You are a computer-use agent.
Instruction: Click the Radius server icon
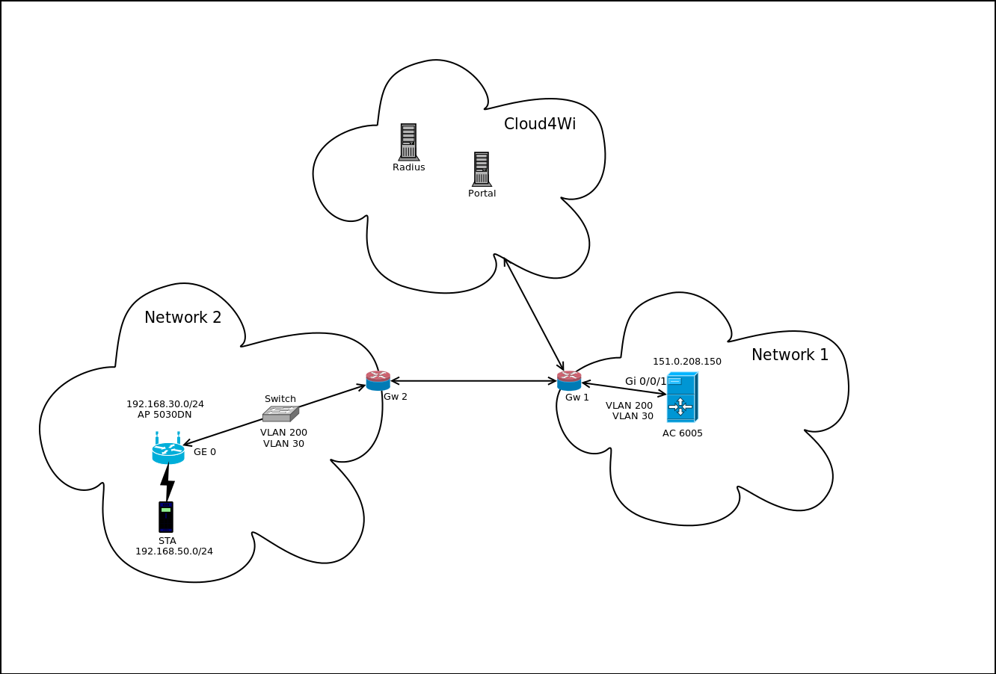(x=408, y=142)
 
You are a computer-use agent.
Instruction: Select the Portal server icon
(x=482, y=170)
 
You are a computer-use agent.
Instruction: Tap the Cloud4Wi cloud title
(x=540, y=124)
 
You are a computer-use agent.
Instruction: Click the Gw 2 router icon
(x=378, y=380)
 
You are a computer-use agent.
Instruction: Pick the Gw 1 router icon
(x=569, y=380)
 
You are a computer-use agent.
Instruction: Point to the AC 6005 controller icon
(x=682, y=398)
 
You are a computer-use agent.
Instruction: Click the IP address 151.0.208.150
(x=687, y=362)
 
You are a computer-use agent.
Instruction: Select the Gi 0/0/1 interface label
(x=646, y=381)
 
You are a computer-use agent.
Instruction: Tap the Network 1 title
(x=790, y=355)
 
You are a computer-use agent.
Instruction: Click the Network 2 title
(x=182, y=318)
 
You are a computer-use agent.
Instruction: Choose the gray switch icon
(x=280, y=414)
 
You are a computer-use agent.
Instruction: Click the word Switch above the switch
(x=280, y=399)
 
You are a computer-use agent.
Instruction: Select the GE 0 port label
(x=205, y=452)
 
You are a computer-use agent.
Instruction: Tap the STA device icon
(x=166, y=516)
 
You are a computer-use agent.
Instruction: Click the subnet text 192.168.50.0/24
(x=174, y=551)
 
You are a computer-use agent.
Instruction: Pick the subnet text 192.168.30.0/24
(x=165, y=404)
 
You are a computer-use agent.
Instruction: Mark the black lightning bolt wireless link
(x=167, y=483)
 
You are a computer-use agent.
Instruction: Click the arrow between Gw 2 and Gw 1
(x=473, y=381)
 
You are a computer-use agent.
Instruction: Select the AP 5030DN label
(x=165, y=415)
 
